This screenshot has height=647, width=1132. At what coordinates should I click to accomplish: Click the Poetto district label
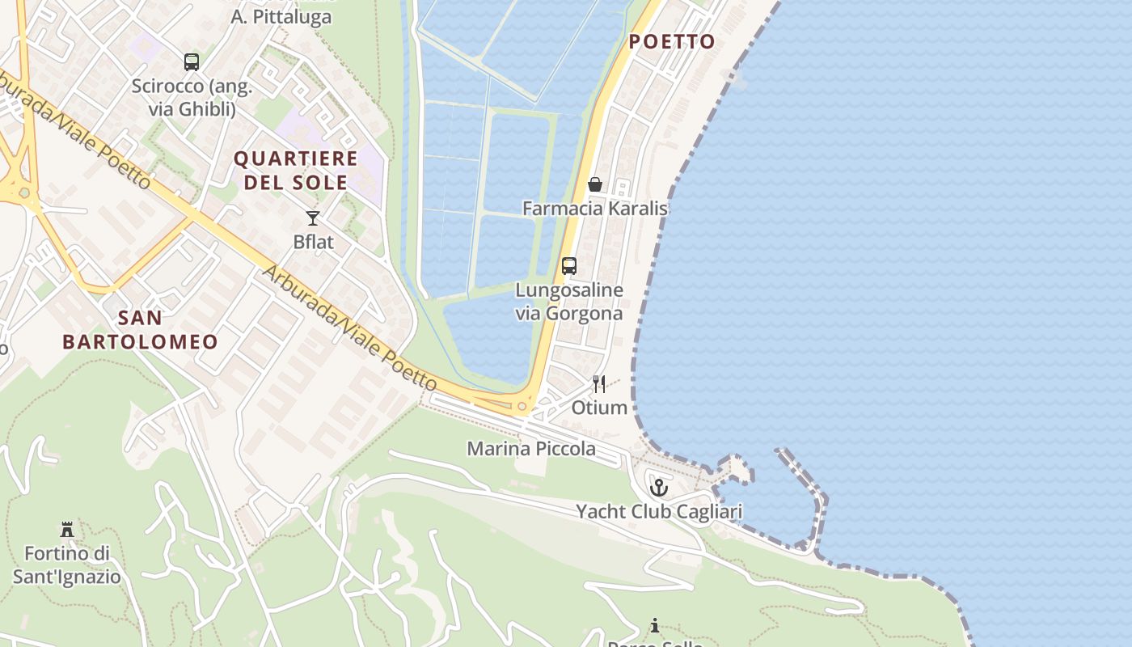tap(672, 42)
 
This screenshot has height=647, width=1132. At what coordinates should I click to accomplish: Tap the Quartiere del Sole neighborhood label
tap(296, 170)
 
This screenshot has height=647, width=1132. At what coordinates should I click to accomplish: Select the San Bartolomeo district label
tap(140, 329)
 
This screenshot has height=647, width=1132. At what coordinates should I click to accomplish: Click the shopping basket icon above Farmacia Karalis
tap(595, 184)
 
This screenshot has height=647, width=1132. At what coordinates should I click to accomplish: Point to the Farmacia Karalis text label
tap(594, 209)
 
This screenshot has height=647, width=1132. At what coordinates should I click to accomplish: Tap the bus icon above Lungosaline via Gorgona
tap(569, 266)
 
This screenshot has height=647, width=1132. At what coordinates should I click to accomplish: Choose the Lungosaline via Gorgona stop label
tap(569, 302)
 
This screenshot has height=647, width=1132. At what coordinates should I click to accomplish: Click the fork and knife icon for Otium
tap(599, 383)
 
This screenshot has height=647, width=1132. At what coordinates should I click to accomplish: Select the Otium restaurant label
tap(599, 408)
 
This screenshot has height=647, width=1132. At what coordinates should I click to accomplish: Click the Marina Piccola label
tap(531, 449)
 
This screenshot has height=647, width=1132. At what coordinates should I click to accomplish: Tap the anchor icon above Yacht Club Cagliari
tap(659, 488)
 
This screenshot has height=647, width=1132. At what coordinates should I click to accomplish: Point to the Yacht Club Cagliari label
tap(659, 512)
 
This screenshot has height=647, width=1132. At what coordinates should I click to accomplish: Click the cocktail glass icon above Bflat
tap(313, 218)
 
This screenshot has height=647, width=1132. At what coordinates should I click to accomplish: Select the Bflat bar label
tap(313, 242)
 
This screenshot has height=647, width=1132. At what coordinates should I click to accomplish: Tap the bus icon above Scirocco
tap(192, 61)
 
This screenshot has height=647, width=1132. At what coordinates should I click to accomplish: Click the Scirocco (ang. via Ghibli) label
tap(192, 97)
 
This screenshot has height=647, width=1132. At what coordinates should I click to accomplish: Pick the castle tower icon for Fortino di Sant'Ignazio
tap(67, 530)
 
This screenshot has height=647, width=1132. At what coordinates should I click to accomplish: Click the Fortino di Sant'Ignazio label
tap(66, 565)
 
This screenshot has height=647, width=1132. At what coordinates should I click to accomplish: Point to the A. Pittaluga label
tap(281, 17)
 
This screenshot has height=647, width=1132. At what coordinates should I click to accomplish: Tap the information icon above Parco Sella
tap(655, 625)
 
